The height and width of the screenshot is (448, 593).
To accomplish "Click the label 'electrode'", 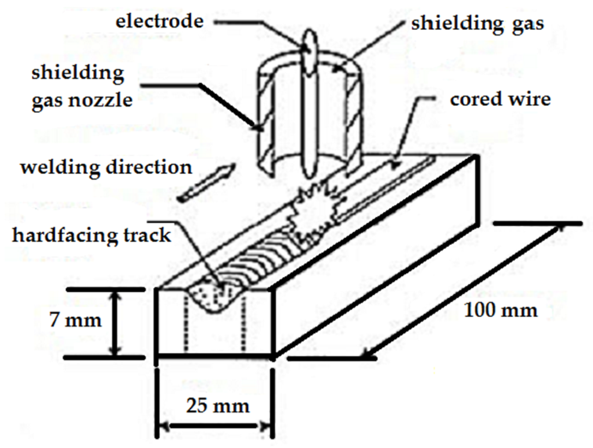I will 159,21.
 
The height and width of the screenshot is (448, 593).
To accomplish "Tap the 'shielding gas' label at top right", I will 477,23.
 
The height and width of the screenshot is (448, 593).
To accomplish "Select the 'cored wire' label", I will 500,99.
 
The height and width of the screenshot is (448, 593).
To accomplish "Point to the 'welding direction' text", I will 106,167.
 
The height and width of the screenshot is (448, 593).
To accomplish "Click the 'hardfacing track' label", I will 92,235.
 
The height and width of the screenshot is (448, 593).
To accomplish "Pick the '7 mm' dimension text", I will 75,320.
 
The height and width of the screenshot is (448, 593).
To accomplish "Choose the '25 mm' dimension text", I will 217,405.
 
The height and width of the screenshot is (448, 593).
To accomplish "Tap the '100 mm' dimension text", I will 500,310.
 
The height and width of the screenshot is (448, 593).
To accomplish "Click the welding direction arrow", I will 205,182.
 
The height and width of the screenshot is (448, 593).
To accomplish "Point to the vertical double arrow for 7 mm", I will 114,323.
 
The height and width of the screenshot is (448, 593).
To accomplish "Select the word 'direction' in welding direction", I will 149,167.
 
